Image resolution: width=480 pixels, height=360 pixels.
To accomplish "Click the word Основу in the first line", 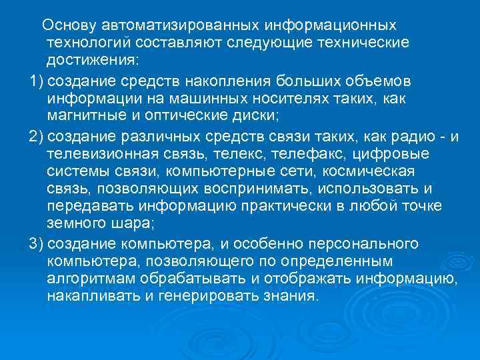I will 69,25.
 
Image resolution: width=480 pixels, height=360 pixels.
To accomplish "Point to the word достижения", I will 91,60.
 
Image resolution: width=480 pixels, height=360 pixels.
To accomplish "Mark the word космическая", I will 367,171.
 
